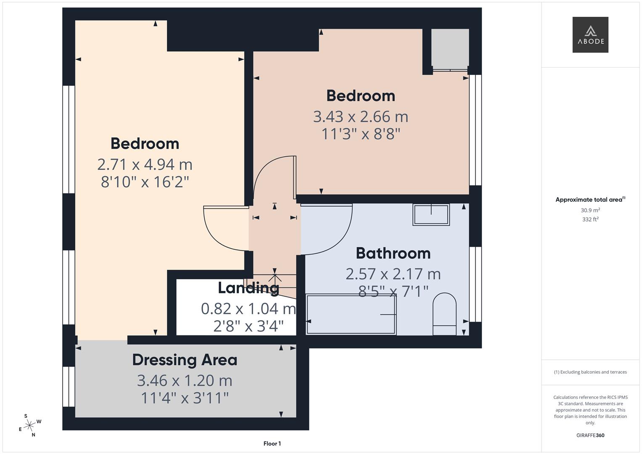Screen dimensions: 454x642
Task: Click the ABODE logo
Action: [x=590, y=35]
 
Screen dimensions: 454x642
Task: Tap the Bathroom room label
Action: [x=393, y=253]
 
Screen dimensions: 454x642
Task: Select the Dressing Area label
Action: [x=185, y=360]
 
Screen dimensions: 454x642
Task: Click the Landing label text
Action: [x=248, y=288]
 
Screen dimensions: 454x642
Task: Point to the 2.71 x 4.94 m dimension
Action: [x=145, y=164]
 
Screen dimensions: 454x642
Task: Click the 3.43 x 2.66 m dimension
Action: [x=360, y=116]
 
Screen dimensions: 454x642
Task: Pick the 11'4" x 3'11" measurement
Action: [x=185, y=398]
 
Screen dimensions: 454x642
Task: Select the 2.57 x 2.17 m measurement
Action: [x=393, y=274]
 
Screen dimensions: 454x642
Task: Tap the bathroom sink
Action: [x=431, y=214]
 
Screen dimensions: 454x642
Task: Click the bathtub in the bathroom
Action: [x=351, y=315]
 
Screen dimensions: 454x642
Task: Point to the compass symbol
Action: [x=29, y=426]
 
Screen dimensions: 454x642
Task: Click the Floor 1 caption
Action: [x=272, y=443]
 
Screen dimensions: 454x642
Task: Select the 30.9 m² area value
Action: [x=590, y=210]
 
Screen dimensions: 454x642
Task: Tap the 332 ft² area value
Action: [x=590, y=219]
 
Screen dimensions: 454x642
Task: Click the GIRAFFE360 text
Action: [x=590, y=436]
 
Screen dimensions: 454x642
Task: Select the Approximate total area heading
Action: [x=590, y=200]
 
